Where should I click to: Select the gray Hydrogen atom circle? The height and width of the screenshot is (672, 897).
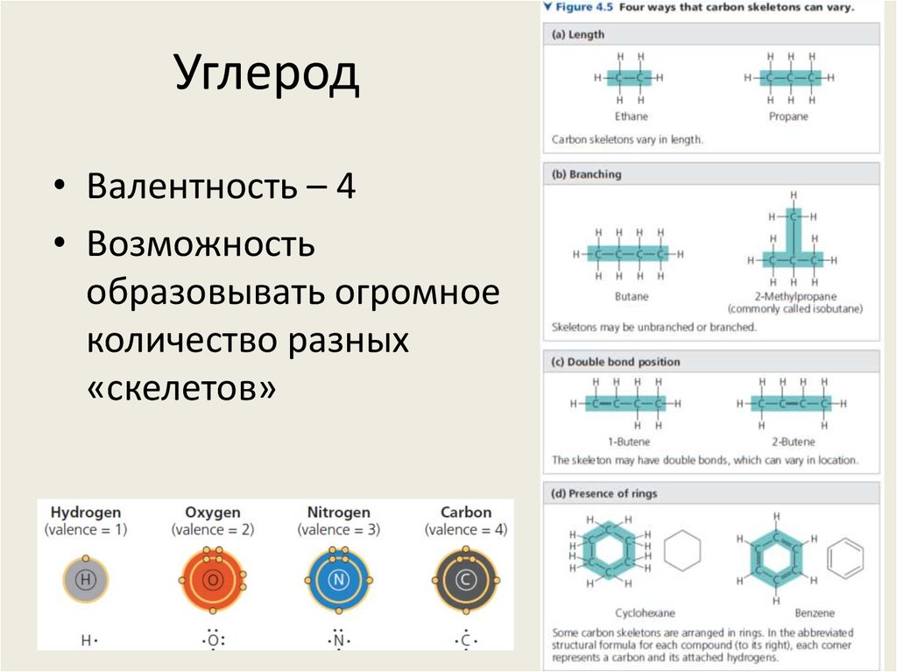85,578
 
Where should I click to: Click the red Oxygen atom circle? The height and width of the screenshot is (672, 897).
212,579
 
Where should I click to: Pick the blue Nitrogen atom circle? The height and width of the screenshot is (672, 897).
338,579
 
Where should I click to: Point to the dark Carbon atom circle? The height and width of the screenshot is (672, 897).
465,579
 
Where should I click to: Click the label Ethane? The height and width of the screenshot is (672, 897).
631,117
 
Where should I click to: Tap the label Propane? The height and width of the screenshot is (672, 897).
788,117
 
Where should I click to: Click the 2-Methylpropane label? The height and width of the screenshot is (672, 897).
794,297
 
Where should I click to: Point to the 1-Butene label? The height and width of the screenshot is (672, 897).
630,442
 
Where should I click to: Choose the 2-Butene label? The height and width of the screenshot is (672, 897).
794,442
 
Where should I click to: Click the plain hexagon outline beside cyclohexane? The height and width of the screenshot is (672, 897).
682,554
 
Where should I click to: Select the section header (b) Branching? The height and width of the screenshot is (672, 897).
586,174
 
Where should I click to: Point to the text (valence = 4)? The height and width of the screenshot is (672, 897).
465,530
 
